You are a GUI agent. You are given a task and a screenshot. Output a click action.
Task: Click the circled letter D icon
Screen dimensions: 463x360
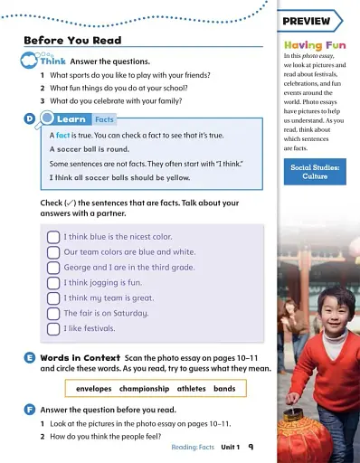[x=30, y=118]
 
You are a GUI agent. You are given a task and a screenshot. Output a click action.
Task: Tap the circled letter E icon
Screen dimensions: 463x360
[x=30, y=358]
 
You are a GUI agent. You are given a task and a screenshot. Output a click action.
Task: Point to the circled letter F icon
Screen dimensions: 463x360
[x=30, y=410]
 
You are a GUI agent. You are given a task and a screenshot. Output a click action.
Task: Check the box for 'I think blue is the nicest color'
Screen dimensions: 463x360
[x=53, y=237]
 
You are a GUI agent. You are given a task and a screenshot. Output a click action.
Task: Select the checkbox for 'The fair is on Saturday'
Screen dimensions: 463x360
[x=53, y=313]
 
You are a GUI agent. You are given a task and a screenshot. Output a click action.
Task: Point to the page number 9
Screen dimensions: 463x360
[x=250, y=447]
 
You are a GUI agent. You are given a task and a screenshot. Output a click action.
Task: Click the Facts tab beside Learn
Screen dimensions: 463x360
[x=105, y=119]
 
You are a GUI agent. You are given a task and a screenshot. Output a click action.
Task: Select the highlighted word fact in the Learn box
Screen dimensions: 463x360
[x=63, y=135]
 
